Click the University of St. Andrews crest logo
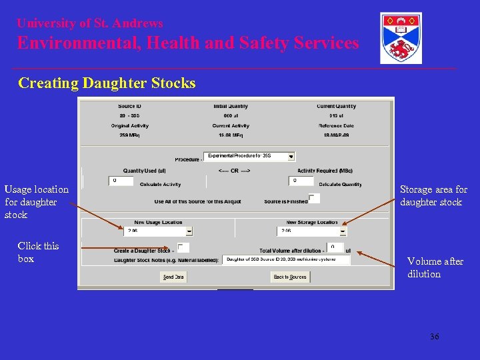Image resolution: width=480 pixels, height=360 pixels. (x=401, y=38)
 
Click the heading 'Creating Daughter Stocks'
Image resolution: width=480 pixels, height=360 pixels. (x=107, y=83)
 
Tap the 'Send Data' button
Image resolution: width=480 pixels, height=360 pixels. (x=173, y=277)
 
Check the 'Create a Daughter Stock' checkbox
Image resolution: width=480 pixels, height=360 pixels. (x=183, y=248)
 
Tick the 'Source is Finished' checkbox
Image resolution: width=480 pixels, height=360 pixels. (x=313, y=198)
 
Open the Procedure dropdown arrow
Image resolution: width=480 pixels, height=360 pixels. (x=291, y=157)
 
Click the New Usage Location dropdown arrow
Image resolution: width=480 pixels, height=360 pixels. (x=189, y=231)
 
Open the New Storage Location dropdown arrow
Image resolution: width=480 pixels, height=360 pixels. (x=343, y=231)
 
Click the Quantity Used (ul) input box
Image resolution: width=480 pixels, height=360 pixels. (x=121, y=181)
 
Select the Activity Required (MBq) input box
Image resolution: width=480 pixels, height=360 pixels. (x=301, y=181)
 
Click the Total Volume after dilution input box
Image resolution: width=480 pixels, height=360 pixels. (x=335, y=247)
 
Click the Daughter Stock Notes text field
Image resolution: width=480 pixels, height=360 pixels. (x=286, y=259)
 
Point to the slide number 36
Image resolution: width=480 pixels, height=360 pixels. (x=434, y=337)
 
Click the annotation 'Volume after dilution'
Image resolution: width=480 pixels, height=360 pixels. (x=435, y=267)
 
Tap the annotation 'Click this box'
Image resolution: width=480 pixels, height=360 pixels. (x=38, y=252)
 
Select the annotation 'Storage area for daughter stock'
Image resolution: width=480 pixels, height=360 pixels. (x=433, y=195)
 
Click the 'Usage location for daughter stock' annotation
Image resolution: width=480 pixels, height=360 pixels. (x=36, y=202)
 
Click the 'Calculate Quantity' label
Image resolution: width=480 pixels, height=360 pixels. (x=340, y=185)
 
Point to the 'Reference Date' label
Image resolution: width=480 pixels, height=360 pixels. (x=335, y=125)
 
